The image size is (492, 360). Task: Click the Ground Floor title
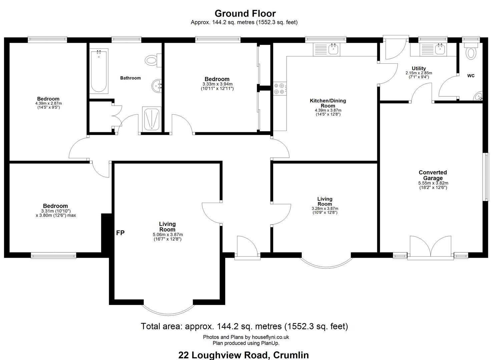[x=245, y=14]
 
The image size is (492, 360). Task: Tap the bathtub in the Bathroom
[x=99, y=71]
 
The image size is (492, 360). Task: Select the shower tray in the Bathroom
[x=151, y=119]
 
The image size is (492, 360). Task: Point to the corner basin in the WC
[x=478, y=96]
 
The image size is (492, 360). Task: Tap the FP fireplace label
[x=120, y=233]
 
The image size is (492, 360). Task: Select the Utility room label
[x=419, y=68]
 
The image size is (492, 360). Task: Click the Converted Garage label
[x=433, y=175]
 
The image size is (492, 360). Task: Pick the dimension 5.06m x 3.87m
[x=168, y=234]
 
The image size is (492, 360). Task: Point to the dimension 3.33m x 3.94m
[x=217, y=84]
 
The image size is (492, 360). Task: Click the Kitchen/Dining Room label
[x=328, y=103]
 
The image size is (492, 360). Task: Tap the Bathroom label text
[x=130, y=78]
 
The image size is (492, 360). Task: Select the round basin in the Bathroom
[x=156, y=85]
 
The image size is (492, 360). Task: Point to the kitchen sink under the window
[x=327, y=49]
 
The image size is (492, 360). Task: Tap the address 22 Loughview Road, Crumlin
[x=243, y=355]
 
